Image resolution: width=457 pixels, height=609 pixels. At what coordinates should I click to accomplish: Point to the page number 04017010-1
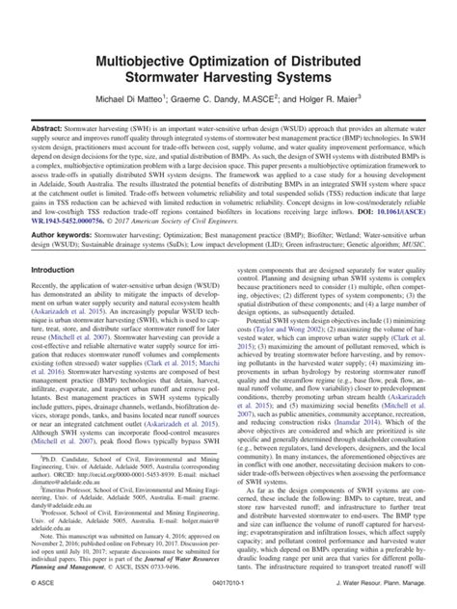click(x=228, y=596)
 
